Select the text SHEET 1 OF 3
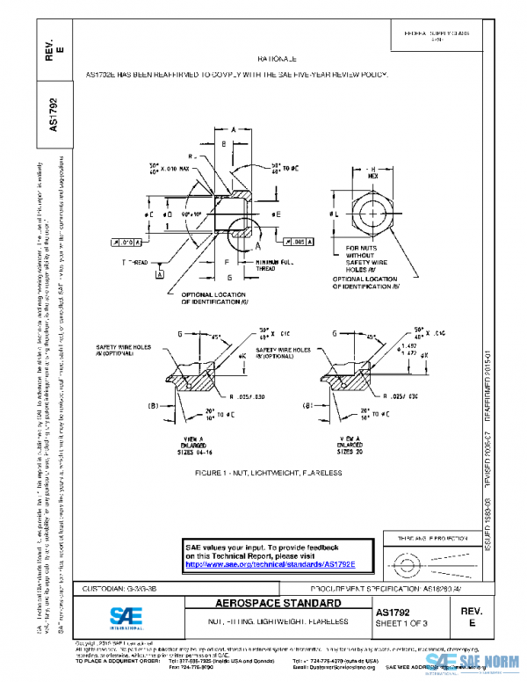[403, 622]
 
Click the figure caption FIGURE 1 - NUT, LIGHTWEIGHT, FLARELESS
[269, 472]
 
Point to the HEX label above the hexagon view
[372, 175]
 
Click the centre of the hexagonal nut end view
[374, 214]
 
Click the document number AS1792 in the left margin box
[53, 114]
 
